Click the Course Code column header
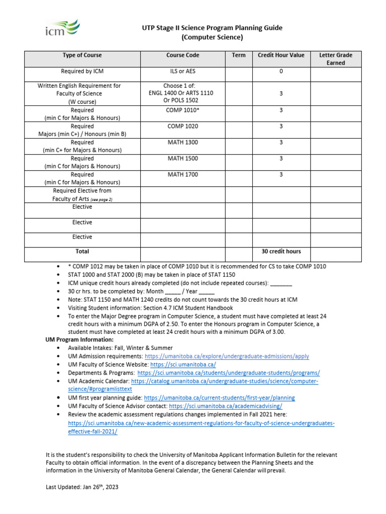182,55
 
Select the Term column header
239,55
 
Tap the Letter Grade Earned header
336,59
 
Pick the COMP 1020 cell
182,126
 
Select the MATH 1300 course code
182,143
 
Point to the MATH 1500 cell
182,159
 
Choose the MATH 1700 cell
182,175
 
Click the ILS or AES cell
182,71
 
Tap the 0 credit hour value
281,71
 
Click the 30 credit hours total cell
281,251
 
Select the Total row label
82,251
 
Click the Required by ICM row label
82,71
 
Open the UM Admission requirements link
227,356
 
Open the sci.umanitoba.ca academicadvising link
226,406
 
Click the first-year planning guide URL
220,398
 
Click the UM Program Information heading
79,340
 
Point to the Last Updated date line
82,487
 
